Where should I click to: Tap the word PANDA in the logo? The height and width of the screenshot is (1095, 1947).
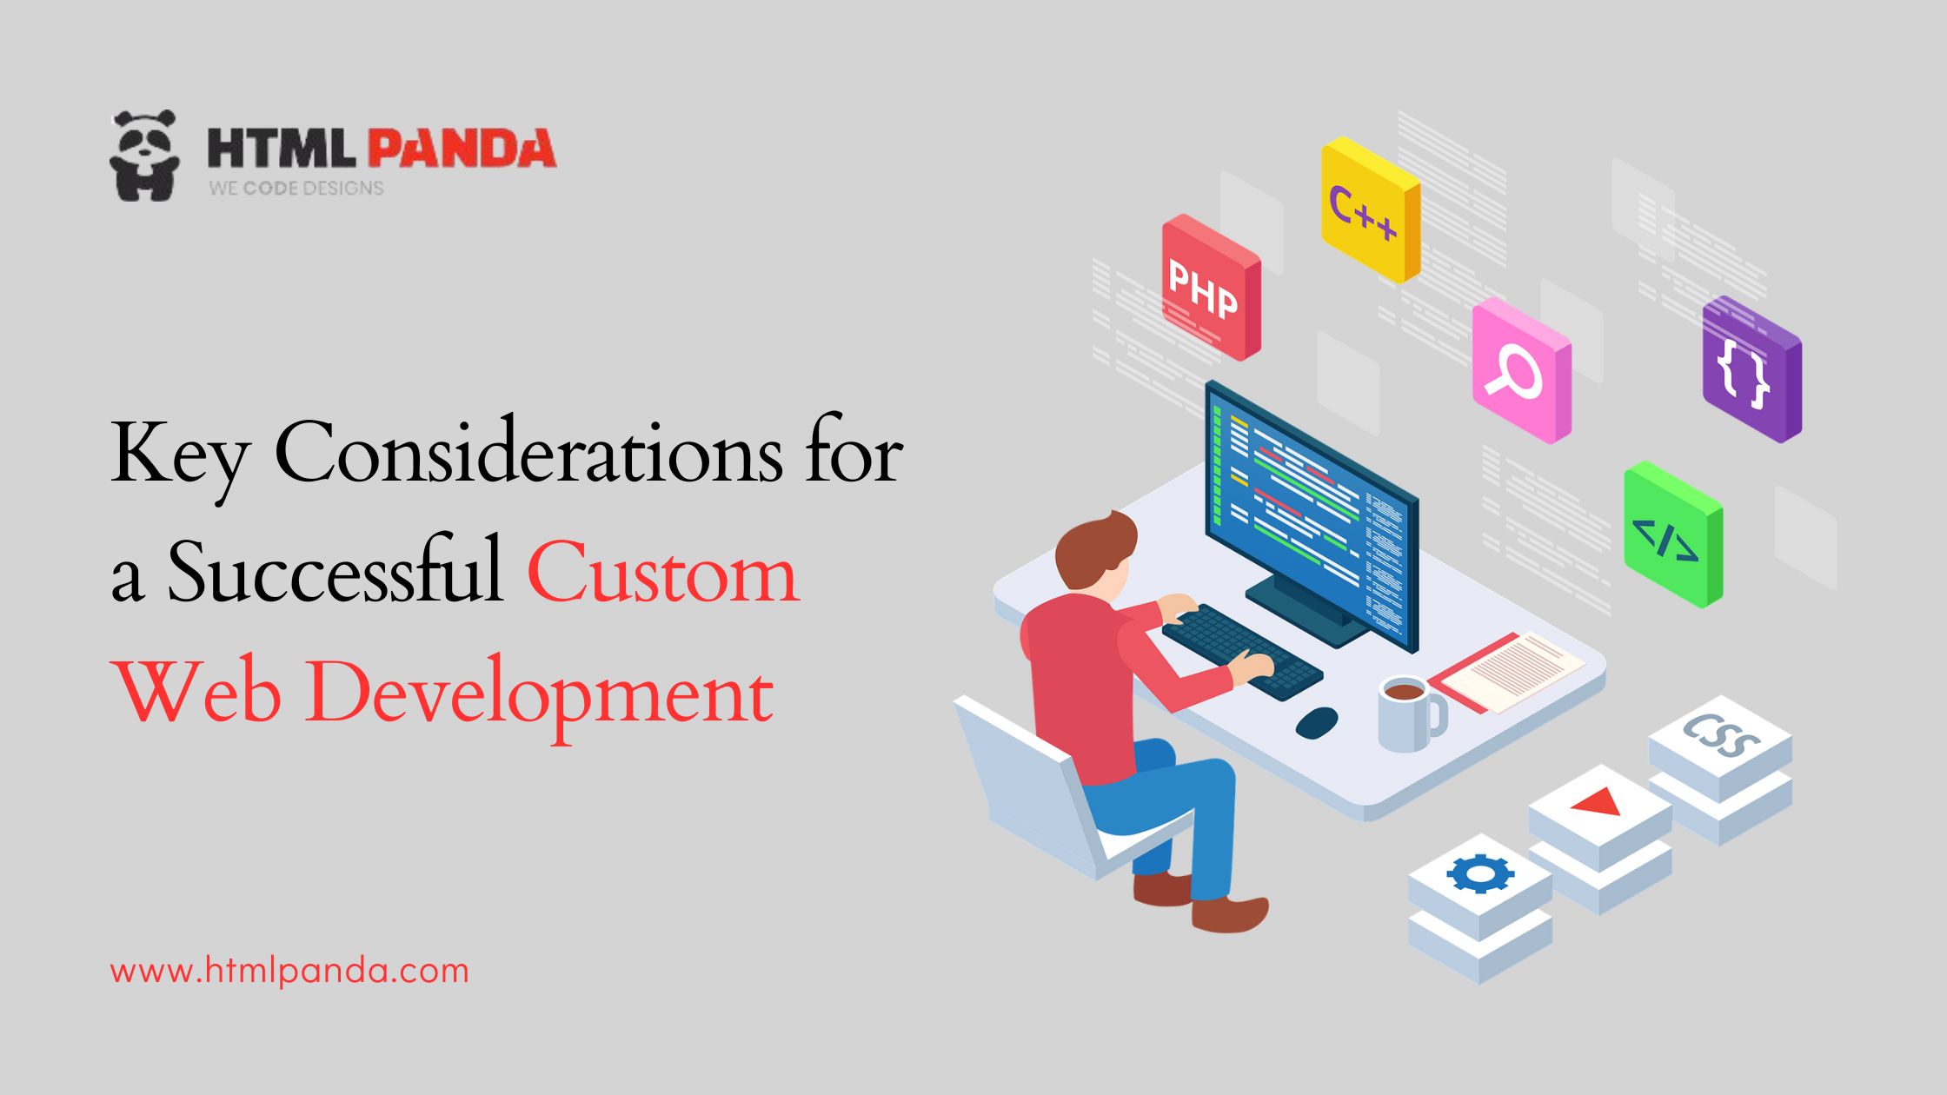tap(462, 149)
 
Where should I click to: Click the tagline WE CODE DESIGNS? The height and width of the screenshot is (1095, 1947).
tap(296, 188)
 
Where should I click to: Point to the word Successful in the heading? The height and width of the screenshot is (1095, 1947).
tap(336, 574)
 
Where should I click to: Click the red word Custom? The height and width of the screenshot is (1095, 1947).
tap(662, 574)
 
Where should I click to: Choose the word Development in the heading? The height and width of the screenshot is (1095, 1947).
tap(539, 695)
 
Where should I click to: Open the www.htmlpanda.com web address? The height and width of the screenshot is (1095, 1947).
tap(289, 971)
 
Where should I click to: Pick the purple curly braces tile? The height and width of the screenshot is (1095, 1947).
tap(1749, 369)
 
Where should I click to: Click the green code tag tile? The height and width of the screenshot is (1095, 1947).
tap(1671, 535)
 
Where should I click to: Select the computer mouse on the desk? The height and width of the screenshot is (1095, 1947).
tap(1316, 722)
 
